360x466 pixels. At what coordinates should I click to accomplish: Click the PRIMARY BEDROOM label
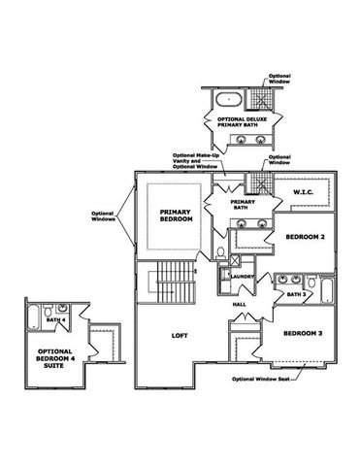point(170,215)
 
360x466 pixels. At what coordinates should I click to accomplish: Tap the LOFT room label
point(179,335)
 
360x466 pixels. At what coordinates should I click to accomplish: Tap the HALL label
point(239,304)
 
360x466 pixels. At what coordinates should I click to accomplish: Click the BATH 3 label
point(296,293)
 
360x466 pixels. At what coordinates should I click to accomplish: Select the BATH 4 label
point(55,318)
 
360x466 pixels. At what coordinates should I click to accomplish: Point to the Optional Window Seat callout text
point(263,379)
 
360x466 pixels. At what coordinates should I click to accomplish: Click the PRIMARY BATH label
point(242,204)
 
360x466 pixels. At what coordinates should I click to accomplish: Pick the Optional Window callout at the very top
point(279,79)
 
